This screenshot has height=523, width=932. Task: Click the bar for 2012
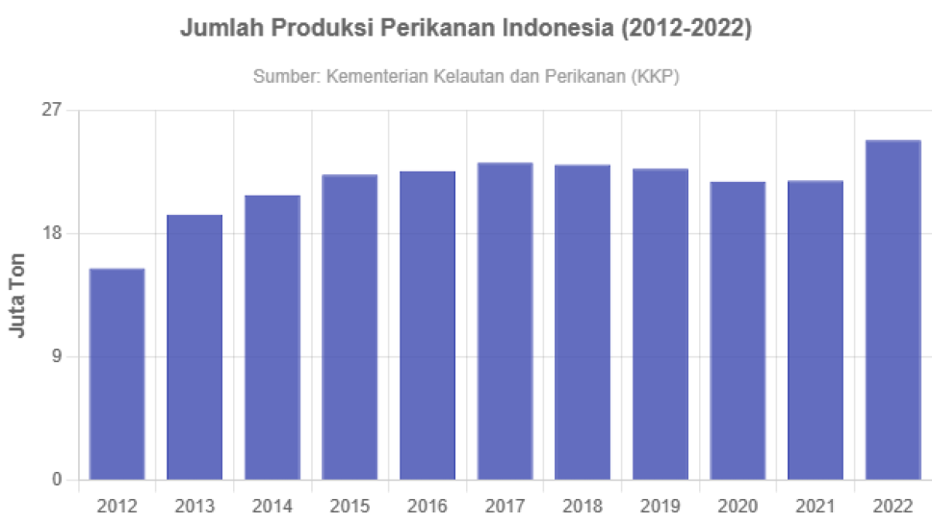coord(117,373)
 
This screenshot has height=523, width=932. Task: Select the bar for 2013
coord(195,346)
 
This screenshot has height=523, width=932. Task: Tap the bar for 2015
coord(350,327)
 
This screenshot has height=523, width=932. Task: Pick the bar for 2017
coord(505,321)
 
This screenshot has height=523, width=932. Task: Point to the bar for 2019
coord(660,324)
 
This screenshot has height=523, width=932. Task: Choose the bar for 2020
coord(738,329)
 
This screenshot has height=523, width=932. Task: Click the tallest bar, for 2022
coord(893,309)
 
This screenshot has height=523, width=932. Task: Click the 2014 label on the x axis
coord(272,507)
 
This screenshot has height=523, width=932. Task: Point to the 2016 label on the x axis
coord(427,507)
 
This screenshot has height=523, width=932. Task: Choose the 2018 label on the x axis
coord(582,507)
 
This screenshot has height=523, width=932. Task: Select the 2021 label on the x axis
coord(815,507)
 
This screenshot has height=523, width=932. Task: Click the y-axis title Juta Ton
coord(16,295)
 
